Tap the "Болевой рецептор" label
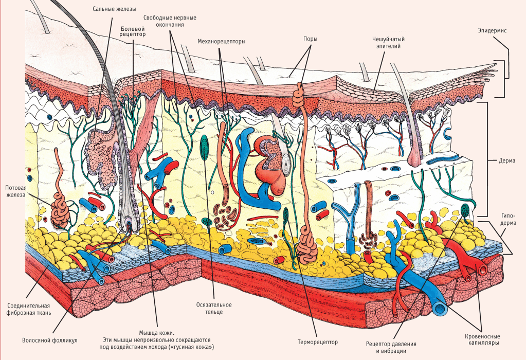(133, 31)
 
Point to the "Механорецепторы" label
(221, 41)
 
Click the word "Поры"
(310, 39)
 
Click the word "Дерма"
(507, 160)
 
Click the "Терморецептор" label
(317, 341)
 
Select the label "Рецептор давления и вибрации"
(391, 347)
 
